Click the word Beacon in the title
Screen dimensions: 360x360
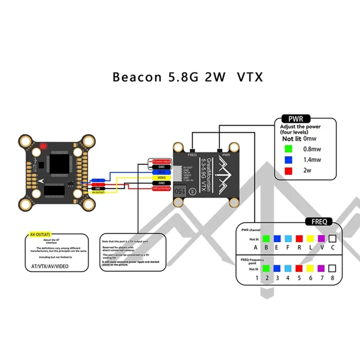click(130, 77)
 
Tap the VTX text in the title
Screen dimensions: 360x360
click(248, 77)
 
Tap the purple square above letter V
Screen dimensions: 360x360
click(321, 239)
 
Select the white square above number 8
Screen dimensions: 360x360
click(332, 269)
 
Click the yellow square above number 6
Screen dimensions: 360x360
click(310, 269)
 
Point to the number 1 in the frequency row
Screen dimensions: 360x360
click(256, 278)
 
